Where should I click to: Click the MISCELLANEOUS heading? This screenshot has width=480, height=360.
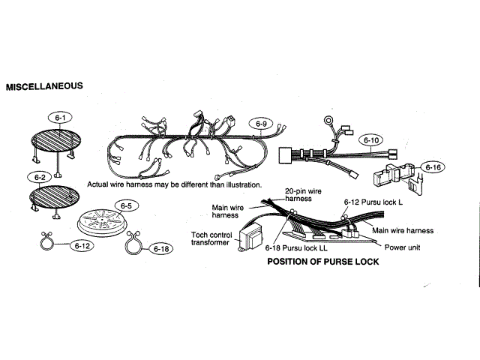pos(44,86)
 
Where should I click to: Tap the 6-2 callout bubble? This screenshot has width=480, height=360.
pos(40,178)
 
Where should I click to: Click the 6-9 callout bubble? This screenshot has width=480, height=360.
pos(261,124)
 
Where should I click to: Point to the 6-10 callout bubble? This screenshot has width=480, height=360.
pos(372,140)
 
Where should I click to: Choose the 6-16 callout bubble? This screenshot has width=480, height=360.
pos(433,167)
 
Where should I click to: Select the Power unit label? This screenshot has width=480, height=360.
pos(406,247)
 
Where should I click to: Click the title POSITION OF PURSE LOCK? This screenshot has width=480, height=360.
pos(323,262)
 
